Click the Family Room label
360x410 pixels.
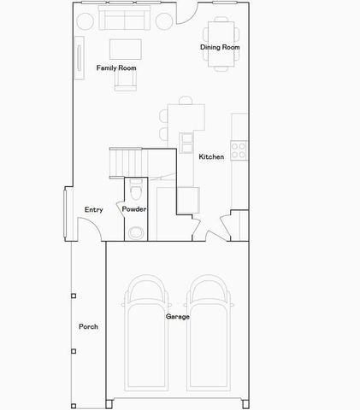coord(115,67)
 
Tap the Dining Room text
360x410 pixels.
coord(219,47)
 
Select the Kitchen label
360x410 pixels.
coord(211,157)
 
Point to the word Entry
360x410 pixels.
coord(94,209)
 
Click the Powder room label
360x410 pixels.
coord(134,209)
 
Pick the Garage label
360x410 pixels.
coord(177,316)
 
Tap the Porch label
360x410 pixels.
coord(88,326)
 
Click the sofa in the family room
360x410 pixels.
coord(124,19)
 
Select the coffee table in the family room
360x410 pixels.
coord(125,48)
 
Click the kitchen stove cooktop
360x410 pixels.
coord(239,151)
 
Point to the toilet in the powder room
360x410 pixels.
coord(136,229)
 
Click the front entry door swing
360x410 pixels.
coord(88,227)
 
